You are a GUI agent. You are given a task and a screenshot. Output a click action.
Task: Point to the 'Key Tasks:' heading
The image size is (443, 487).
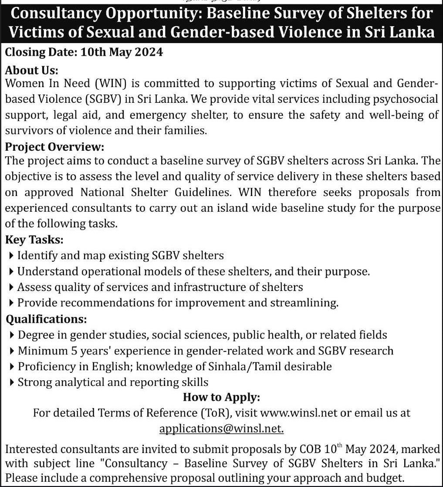point(34,239)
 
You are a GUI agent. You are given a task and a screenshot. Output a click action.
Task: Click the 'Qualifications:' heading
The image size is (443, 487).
point(46,319)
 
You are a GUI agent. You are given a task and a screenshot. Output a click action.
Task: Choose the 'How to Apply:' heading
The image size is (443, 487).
point(221,397)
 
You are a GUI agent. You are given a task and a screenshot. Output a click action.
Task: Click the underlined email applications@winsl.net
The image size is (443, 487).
point(221,428)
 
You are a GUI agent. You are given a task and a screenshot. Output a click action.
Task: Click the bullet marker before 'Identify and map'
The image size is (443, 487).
point(11,255)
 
